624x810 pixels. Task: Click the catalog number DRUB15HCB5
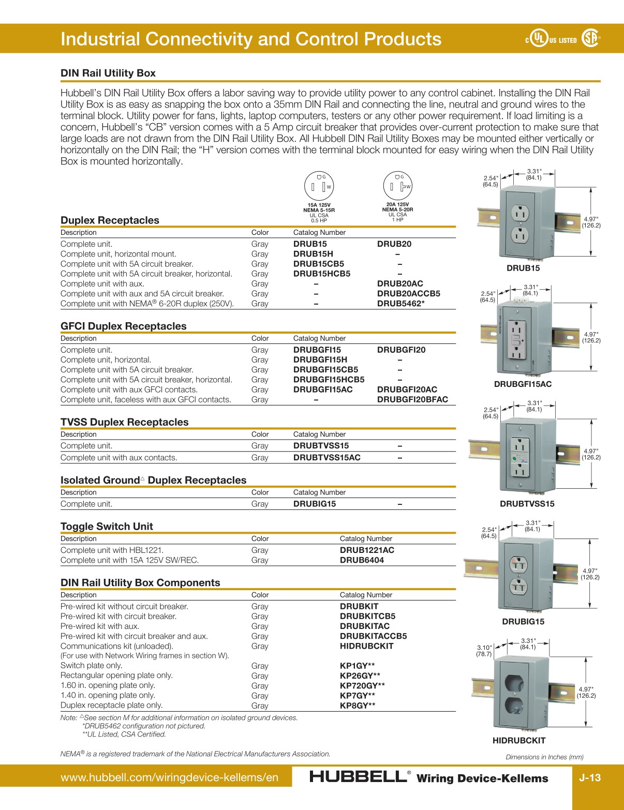[321, 274]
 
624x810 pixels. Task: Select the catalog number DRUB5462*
[400, 304]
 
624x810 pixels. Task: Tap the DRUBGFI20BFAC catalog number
[412, 399]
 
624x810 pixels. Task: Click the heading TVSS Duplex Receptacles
[124, 422]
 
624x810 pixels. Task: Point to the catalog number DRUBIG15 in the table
[314, 504]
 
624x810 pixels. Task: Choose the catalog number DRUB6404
[362, 560]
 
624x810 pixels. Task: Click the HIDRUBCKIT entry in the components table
[366, 646]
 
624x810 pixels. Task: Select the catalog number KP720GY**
[362, 685]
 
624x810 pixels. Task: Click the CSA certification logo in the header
[590, 39]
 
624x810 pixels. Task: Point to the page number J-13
[589, 777]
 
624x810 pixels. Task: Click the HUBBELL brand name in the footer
[358, 777]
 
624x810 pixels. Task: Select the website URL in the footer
[169, 777]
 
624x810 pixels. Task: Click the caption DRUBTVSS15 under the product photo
[527, 504]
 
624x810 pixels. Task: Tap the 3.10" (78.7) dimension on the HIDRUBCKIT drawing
[484, 651]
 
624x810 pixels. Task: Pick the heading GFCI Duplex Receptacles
[123, 326]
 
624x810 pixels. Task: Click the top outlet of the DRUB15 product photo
[519, 213]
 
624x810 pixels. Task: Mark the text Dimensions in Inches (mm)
[544, 757]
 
